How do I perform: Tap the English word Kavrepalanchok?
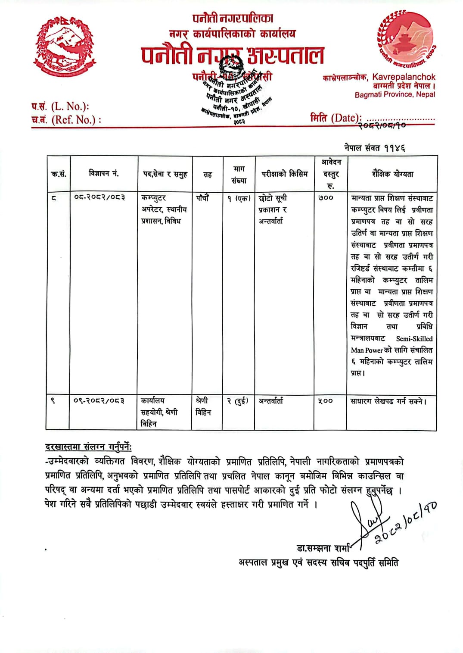pyautogui.click(x=404, y=77)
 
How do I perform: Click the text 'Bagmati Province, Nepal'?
pyautogui.click(x=395, y=94)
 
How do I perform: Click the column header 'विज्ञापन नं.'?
pyautogui.click(x=103, y=174)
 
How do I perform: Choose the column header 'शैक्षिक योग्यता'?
pyautogui.click(x=392, y=174)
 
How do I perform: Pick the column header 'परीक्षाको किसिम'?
pyautogui.click(x=285, y=174)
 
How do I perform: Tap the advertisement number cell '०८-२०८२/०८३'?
pyautogui.click(x=99, y=197)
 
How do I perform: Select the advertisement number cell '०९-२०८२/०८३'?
pyautogui.click(x=99, y=400)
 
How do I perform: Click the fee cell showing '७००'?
pyautogui.click(x=326, y=198)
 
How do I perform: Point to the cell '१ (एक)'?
pyautogui.click(x=239, y=198)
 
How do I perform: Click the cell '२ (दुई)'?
pyautogui.click(x=237, y=401)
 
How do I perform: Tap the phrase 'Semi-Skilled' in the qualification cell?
pyautogui.click(x=414, y=339)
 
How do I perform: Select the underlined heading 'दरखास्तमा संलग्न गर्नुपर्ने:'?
pyautogui.click(x=88, y=447)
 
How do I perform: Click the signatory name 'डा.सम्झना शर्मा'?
pyautogui.click(x=323, y=548)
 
